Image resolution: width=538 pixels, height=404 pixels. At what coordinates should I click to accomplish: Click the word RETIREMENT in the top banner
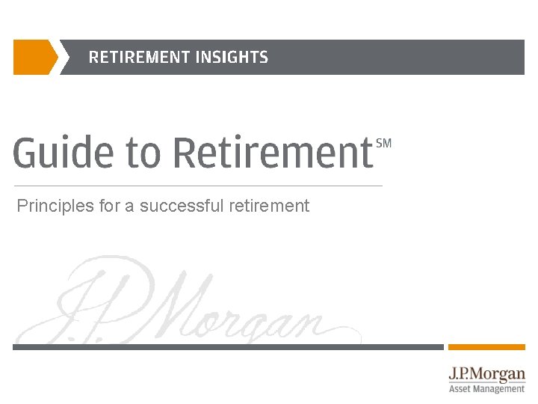[x=139, y=57]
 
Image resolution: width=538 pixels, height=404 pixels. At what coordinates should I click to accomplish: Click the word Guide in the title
[x=63, y=153]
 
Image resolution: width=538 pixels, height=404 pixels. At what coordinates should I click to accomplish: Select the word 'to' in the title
[x=143, y=153]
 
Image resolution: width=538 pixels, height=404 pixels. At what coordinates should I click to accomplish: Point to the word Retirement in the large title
[x=273, y=153]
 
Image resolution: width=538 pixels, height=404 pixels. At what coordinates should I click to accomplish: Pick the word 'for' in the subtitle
[x=109, y=206]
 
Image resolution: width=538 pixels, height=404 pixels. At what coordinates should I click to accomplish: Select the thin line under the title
[x=198, y=186]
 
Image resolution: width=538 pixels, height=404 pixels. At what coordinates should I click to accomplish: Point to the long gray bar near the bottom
[x=228, y=347]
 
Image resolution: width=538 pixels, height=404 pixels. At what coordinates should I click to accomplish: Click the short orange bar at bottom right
[x=486, y=347]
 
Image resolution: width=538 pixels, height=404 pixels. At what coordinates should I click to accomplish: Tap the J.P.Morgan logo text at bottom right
[x=486, y=373]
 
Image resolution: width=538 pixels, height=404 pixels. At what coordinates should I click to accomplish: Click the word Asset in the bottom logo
[x=460, y=389]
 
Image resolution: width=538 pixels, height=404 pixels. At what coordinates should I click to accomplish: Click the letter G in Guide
[x=26, y=153]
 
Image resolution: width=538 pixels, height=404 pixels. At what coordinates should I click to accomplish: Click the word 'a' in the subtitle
[x=129, y=206]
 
